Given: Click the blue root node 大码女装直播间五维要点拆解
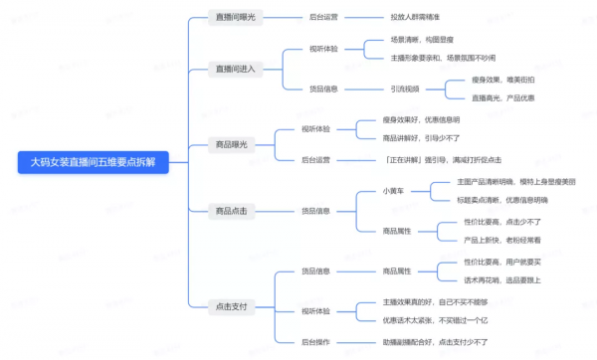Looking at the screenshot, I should click(94, 163).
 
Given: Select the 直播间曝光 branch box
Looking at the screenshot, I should click(235, 17).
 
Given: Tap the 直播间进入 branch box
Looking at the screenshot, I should click(235, 69).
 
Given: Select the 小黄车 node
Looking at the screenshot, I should click(393, 190).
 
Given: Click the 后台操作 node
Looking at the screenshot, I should click(317, 341).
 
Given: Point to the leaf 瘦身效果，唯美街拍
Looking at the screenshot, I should click(505, 81).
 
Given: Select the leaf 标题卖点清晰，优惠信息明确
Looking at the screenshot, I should click(502, 200).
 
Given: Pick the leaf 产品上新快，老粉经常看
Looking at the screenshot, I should click(502, 240).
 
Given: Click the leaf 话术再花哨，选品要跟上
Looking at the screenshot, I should click(502, 279).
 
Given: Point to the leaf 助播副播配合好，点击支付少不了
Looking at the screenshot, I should click(436, 341).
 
